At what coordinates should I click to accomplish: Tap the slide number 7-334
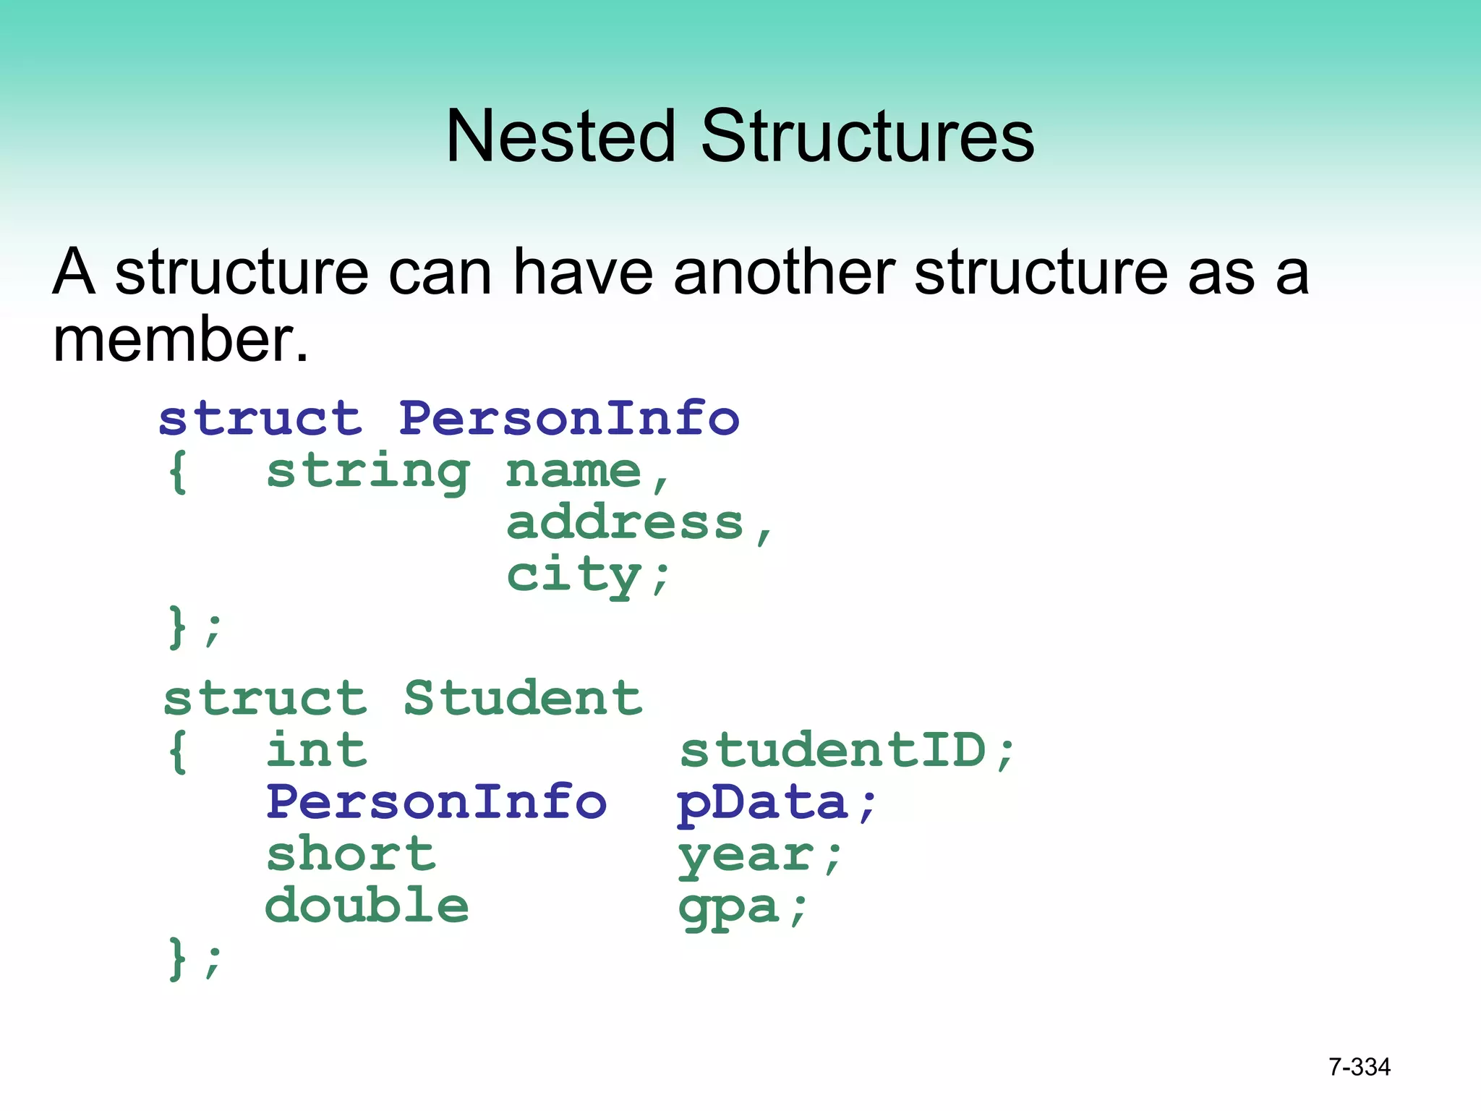1359,1067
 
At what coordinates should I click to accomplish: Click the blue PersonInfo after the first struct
569,419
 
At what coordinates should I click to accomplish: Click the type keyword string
368,473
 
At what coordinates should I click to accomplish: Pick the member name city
574,576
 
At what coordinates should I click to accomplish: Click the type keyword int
317,750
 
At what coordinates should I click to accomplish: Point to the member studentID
834,750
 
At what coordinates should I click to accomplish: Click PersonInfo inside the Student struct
436,803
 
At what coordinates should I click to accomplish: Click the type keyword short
351,855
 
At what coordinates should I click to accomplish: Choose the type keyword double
367,906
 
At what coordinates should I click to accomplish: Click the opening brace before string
178,473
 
